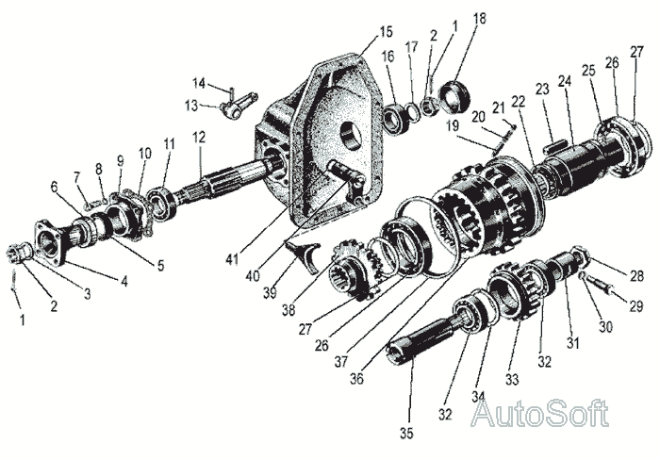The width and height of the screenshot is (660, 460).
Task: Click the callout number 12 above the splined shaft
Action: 200,137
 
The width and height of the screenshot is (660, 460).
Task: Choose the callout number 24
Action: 565,82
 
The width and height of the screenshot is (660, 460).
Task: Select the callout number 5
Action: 159,266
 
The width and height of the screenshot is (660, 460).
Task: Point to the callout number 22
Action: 519,101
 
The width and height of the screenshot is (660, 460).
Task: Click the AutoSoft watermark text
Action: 540,413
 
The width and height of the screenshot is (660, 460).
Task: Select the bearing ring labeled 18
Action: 454,96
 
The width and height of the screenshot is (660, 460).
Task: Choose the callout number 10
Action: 144,153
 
